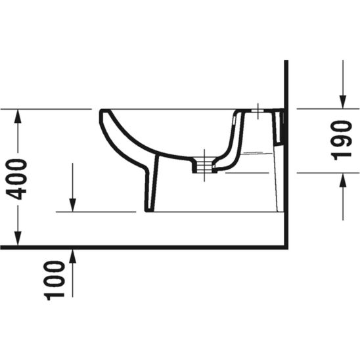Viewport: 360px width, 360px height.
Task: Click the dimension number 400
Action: tap(18, 178)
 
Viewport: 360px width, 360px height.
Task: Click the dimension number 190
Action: tap(342, 139)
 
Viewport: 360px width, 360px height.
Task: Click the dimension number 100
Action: tap(56, 280)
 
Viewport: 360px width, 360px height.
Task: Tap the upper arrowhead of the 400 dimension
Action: tap(18, 115)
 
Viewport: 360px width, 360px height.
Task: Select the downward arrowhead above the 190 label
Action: tap(342, 101)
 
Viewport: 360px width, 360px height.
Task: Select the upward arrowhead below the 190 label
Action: tap(342, 179)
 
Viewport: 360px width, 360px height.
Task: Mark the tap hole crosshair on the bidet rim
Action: tap(259, 110)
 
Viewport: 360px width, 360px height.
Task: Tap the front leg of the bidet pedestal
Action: tap(150, 187)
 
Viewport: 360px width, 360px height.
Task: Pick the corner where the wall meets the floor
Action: tap(287, 248)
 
